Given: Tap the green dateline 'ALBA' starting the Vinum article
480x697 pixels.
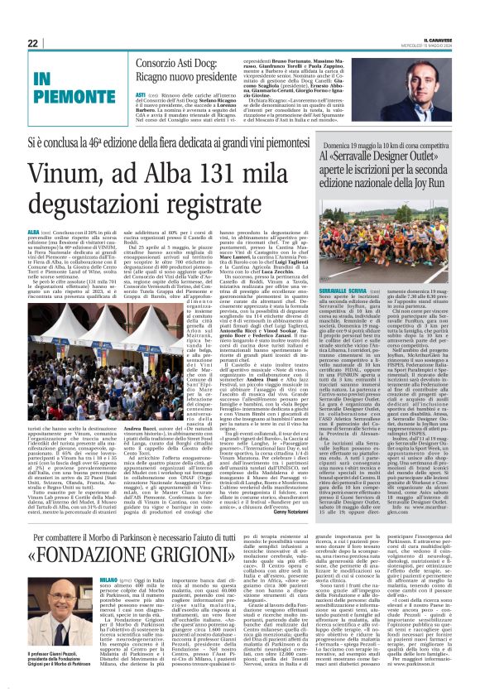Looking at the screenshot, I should (56, 233).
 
